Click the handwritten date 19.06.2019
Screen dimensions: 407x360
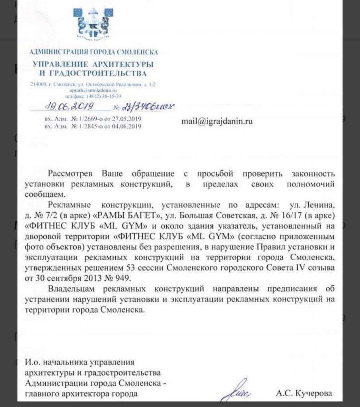[68, 106]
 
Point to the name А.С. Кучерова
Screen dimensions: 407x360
[304, 394]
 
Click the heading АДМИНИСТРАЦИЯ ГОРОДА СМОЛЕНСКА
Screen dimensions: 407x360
[94, 52]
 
